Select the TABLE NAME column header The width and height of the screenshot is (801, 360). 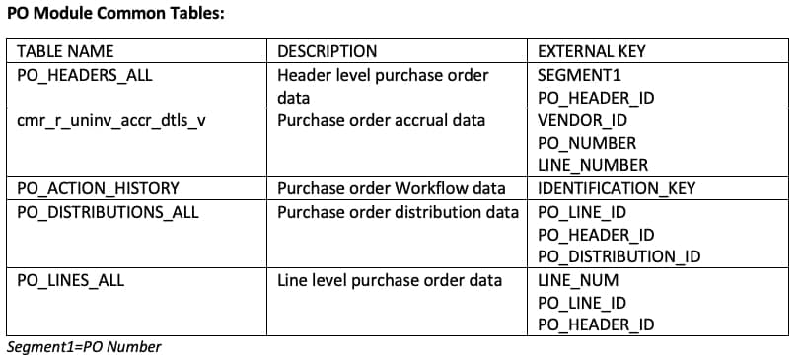click(65, 51)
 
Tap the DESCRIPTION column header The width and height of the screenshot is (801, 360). click(327, 51)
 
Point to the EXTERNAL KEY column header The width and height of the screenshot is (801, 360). click(592, 51)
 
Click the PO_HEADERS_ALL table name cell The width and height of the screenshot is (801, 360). click(85, 75)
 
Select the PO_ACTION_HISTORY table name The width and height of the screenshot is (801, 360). click(98, 188)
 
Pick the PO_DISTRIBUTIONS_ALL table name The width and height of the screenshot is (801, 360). click(108, 211)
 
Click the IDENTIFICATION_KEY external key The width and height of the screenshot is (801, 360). click(617, 188)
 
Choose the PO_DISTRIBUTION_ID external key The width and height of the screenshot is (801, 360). click(619, 256)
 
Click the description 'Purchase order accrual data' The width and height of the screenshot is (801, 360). click(381, 121)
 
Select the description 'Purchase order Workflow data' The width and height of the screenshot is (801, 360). click(391, 188)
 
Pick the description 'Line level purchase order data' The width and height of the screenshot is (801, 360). click(390, 280)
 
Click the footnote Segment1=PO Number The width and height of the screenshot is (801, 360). click(83, 347)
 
